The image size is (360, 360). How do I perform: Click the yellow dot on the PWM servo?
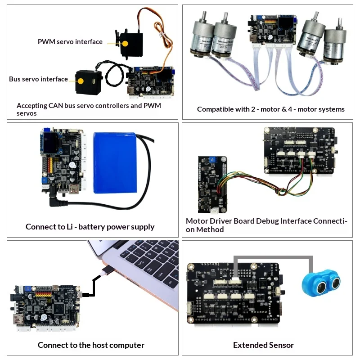click(125, 43)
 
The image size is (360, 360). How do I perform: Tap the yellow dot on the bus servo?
click(81, 81)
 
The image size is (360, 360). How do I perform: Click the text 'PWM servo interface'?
click(70, 42)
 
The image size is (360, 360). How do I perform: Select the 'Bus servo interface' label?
click(38, 79)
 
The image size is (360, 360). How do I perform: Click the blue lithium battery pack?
click(115, 163)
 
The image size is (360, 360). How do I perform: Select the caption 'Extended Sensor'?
click(263, 345)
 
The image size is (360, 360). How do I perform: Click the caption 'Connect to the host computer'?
click(91, 345)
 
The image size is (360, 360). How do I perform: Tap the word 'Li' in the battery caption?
click(70, 227)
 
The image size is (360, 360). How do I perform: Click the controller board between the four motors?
click(272, 30)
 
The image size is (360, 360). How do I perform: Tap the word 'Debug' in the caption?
click(267, 221)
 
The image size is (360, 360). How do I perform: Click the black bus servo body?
click(89, 82)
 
